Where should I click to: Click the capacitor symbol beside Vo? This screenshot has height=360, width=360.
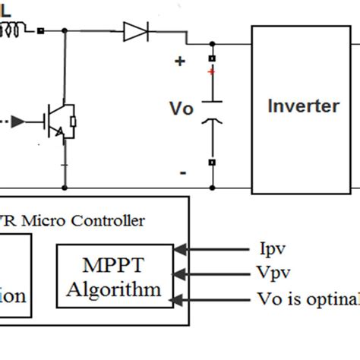pyautogui.click(x=212, y=109)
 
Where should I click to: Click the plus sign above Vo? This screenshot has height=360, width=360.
pyautogui.click(x=180, y=62)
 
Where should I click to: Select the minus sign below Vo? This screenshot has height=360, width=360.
pyautogui.click(x=182, y=172)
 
